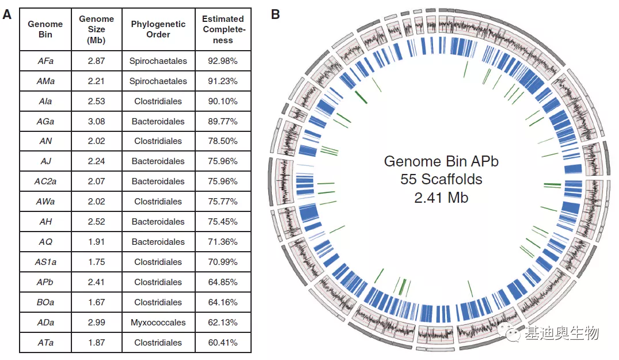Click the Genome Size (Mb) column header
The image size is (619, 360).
pos(96,29)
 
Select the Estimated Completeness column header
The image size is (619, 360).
pos(223,29)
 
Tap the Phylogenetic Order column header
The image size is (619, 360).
pos(158,29)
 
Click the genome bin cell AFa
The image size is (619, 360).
pos(45,61)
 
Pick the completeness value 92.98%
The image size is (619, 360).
pos(223,61)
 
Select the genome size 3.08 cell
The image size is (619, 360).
pos(96,122)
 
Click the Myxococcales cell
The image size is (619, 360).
pos(158,323)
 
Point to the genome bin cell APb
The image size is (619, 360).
pos(45,282)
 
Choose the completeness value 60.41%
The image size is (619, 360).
pos(223,343)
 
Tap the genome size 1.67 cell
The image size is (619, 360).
pos(96,302)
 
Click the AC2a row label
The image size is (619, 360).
pos(45,181)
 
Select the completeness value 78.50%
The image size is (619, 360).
pos(223,141)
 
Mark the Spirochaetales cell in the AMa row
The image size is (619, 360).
pos(158,81)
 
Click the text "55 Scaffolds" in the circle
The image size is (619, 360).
pos(441,179)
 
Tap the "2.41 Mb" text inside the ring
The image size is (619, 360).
pos(441,198)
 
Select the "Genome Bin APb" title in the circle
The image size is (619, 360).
pos(441,161)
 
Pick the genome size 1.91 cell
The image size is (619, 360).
pos(96,242)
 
